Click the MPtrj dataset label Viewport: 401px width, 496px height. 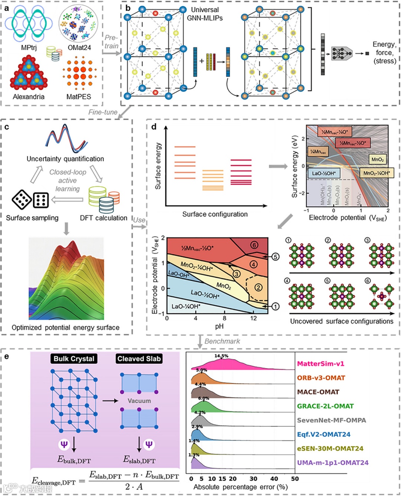(x=29, y=48)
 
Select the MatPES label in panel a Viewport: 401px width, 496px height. (x=79, y=97)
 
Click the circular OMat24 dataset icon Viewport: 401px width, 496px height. (x=79, y=23)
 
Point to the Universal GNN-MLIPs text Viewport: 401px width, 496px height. (x=205, y=14)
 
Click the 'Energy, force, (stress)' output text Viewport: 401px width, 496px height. (x=384, y=52)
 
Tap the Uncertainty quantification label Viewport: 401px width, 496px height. (x=65, y=159)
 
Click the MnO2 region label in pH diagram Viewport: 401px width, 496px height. (x=224, y=286)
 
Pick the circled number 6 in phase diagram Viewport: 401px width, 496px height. (x=254, y=245)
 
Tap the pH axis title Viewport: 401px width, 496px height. (x=219, y=326)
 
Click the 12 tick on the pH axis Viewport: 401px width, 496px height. (x=253, y=318)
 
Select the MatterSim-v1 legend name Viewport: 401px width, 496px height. (x=320, y=363)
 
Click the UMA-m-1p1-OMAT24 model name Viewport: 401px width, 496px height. (x=333, y=463)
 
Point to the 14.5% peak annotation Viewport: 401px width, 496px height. (x=221, y=356)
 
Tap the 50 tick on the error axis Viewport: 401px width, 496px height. (x=295, y=479)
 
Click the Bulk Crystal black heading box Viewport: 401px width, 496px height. (x=74, y=359)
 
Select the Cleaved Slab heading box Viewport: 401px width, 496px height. (x=139, y=359)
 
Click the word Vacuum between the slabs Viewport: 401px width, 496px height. (x=139, y=401)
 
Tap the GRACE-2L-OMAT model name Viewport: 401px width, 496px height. (x=325, y=406)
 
